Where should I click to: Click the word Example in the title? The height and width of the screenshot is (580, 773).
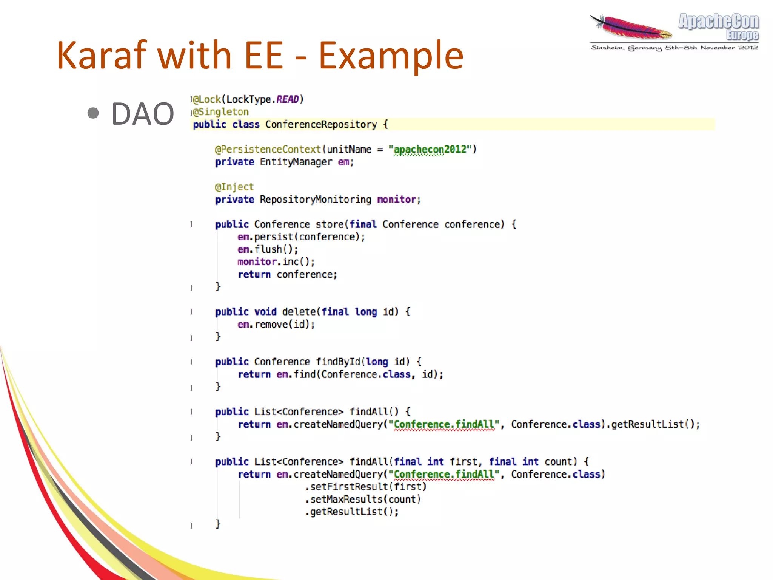click(391, 56)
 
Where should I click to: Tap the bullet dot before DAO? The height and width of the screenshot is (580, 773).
click(93, 113)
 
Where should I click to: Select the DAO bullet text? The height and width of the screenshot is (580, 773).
click(143, 114)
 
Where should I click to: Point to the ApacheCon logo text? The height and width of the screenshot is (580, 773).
click(719, 22)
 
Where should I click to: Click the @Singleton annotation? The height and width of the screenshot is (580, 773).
click(221, 112)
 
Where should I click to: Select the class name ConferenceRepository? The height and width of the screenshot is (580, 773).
click(321, 124)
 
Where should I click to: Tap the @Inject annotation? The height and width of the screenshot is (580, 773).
click(234, 187)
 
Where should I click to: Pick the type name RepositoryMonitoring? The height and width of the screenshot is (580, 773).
click(315, 199)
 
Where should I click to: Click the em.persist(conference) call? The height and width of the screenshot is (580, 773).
click(301, 237)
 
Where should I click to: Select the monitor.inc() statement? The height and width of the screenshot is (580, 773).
click(276, 262)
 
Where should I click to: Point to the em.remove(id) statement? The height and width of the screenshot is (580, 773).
click(276, 324)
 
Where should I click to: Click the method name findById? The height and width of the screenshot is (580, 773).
click(338, 362)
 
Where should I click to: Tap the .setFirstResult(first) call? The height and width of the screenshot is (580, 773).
click(365, 487)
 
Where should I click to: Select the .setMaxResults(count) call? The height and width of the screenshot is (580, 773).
click(363, 499)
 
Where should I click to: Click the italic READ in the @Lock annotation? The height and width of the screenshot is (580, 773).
click(288, 99)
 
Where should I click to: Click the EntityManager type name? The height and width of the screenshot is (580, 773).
click(296, 162)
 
